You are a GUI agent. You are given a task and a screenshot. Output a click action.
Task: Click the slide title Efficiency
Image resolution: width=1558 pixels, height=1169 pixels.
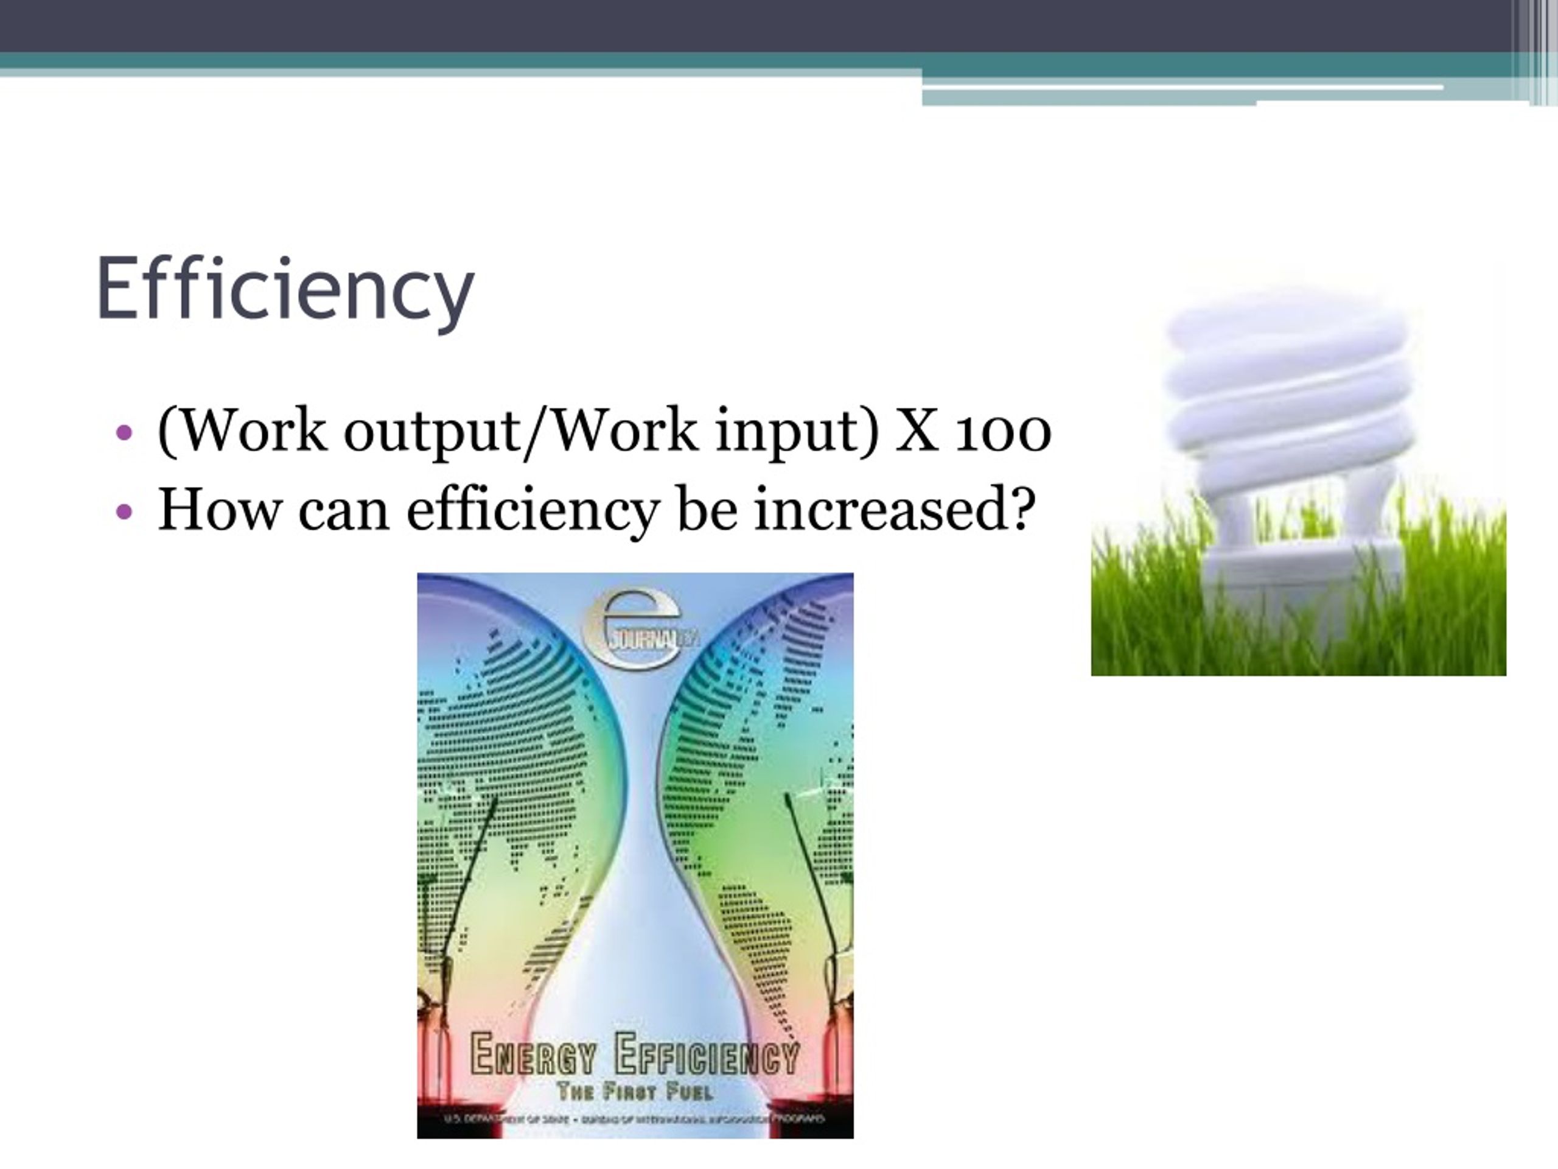[285, 289]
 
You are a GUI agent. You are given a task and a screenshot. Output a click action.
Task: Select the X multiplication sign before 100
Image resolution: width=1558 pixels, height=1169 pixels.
[917, 431]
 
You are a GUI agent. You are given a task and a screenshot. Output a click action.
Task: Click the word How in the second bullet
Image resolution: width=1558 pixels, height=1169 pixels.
[218, 509]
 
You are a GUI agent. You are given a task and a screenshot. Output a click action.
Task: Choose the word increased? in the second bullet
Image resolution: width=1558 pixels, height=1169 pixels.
[895, 509]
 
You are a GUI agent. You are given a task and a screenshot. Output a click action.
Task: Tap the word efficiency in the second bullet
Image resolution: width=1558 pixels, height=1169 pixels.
[533, 510]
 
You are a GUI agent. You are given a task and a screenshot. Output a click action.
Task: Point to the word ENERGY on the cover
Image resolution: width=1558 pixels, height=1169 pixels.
[533, 1055]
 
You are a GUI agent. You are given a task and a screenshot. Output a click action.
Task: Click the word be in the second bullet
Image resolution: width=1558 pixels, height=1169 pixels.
[707, 509]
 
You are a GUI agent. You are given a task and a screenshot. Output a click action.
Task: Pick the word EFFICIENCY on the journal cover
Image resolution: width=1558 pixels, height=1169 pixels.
[707, 1055]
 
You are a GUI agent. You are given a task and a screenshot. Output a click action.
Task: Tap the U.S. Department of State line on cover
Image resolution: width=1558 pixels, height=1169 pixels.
[635, 1119]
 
